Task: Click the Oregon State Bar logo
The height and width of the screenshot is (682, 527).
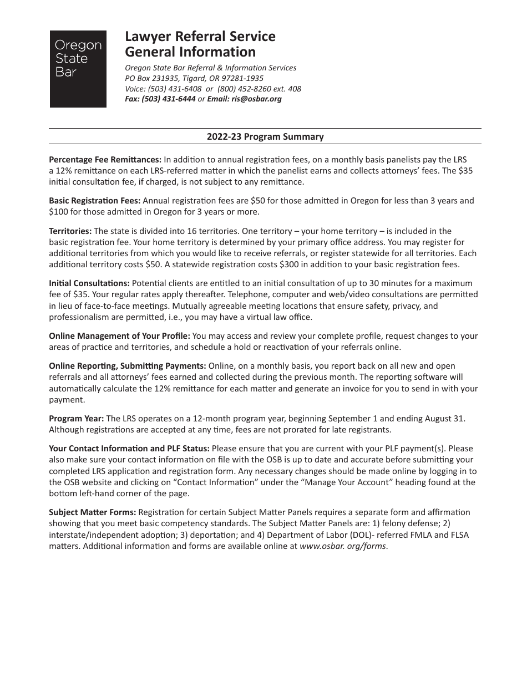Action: click(78, 69)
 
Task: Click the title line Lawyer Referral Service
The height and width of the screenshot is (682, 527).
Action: click(200, 37)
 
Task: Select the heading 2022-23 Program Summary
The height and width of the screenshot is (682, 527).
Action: click(265, 136)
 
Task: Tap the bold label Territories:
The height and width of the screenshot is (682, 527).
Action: click(70, 231)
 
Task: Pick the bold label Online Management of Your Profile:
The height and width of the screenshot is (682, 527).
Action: click(119, 336)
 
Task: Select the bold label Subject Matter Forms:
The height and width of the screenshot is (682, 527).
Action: click(93, 512)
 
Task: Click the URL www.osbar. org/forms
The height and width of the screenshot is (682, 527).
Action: click(343, 546)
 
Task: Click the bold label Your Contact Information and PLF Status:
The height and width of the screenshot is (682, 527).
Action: click(129, 448)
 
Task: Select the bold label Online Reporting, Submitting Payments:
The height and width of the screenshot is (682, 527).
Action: click(128, 366)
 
